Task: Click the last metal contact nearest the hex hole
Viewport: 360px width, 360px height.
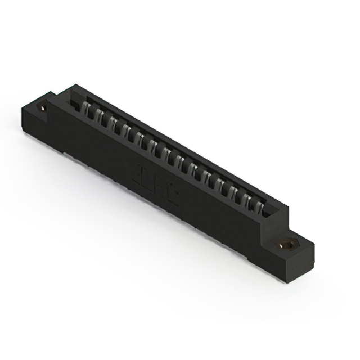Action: point(256,209)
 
